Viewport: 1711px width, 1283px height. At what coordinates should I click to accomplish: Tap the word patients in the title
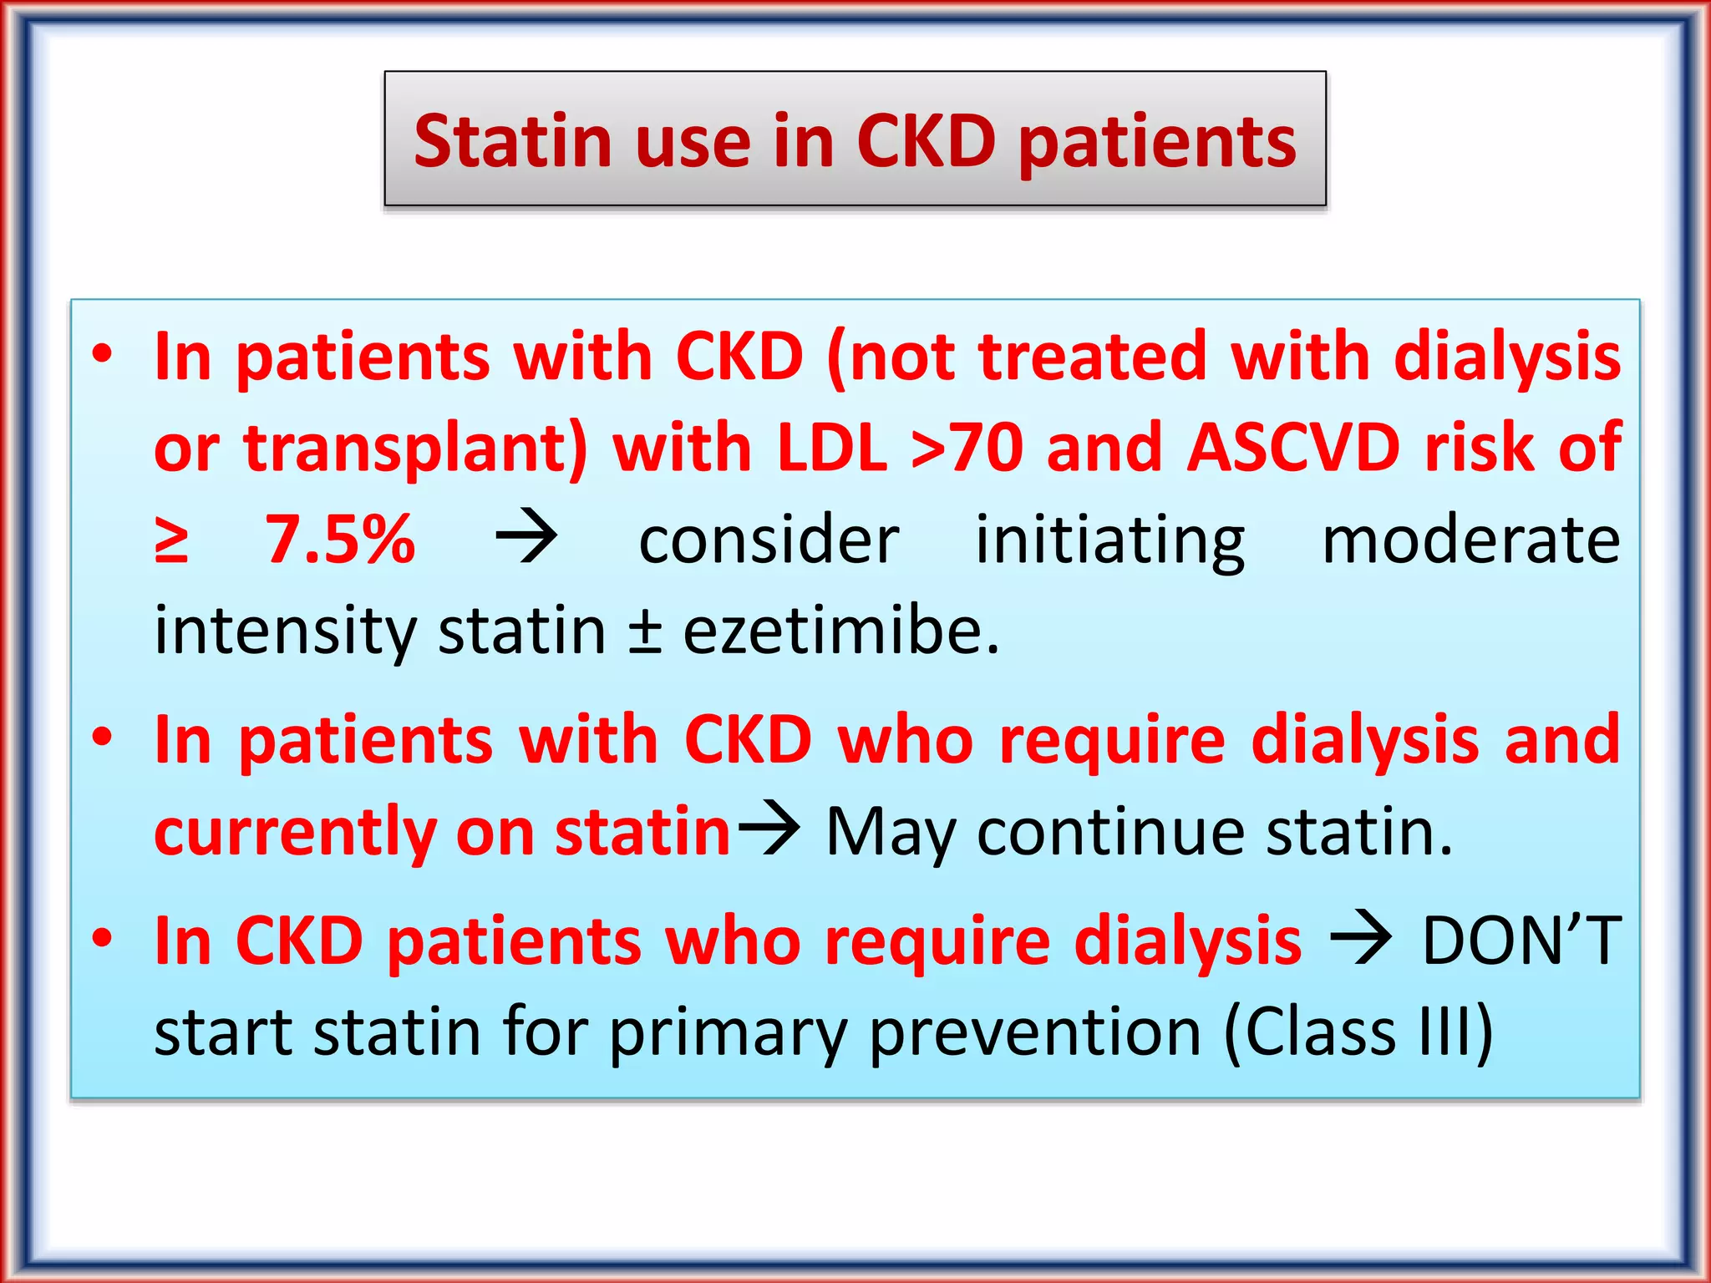[x=1157, y=144]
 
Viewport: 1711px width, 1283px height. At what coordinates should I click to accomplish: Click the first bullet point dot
[x=102, y=355]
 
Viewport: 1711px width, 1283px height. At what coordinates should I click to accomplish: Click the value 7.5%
[x=340, y=540]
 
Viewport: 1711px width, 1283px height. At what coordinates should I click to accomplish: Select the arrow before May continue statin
[x=768, y=829]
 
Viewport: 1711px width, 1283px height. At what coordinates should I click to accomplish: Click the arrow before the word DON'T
[x=1361, y=940]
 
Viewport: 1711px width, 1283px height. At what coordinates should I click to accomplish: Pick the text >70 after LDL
[x=967, y=449]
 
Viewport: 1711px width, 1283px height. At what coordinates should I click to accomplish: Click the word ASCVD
[x=1293, y=449]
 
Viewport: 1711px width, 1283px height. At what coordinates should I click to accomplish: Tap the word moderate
[x=1470, y=540]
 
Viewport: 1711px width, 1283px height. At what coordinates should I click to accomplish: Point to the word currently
[x=294, y=833]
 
